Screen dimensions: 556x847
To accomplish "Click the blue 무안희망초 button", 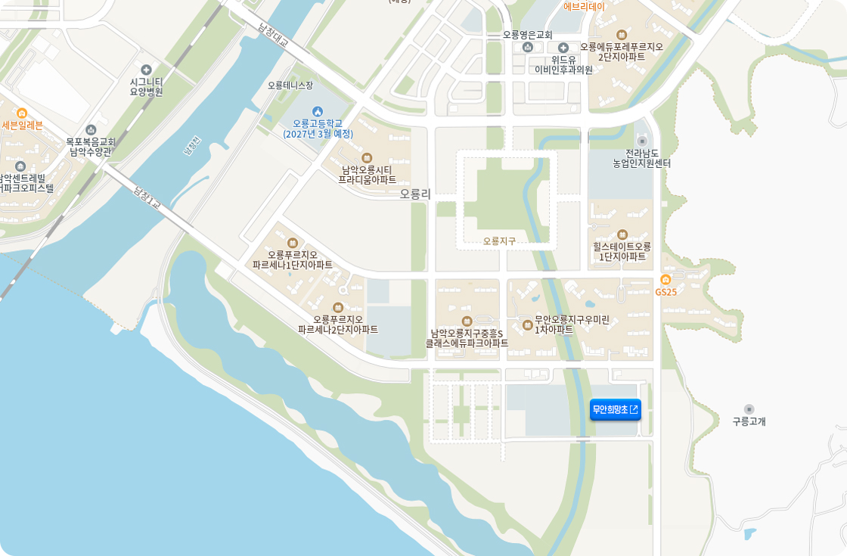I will tap(615, 409).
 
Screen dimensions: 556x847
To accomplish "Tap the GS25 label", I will tap(665, 292).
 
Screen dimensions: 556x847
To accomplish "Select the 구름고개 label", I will tap(749, 421).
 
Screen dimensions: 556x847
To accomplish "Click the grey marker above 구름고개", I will tap(749, 408).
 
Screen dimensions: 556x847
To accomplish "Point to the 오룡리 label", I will tap(415, 194).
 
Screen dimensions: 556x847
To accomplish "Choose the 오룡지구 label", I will tap(499, 241).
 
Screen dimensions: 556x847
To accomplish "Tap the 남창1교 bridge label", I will tap(147, 197).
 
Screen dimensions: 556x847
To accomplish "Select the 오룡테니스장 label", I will tap(290, 85).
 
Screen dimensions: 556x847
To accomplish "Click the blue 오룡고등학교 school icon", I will tap(318, 111).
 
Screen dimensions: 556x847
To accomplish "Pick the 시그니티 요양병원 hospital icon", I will tap(146, 70).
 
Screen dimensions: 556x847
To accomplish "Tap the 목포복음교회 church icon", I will tap(91, 129).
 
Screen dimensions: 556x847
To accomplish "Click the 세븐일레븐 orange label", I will tap(22, 125).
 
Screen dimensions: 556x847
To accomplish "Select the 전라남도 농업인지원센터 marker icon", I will tap(642, 141).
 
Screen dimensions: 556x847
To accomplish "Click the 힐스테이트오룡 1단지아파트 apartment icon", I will tap(622, 235).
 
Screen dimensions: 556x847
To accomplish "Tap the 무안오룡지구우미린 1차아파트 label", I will tap(572, 325).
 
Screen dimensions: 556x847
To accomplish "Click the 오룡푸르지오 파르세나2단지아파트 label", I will tap(338, 324).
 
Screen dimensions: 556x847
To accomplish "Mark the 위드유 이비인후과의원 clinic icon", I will tap(563, 48).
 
